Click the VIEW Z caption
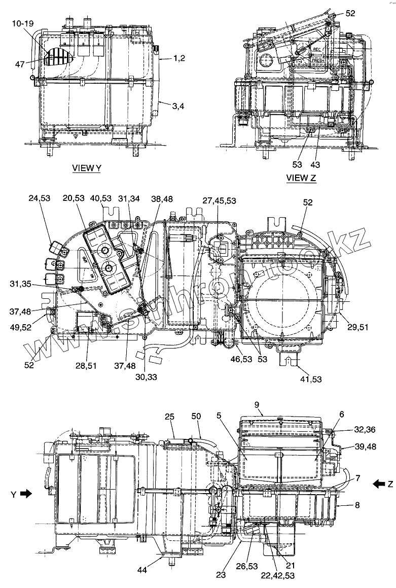pos(301,178)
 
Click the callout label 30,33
pos(146,376)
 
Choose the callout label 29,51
pos(357,328)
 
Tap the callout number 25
pos(170,417)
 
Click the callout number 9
pos(257,405)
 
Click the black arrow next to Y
pos(26,493)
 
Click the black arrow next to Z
pos(378,484)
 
